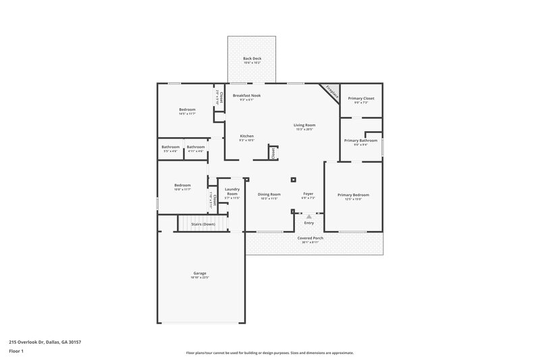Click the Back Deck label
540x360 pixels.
[252, 59]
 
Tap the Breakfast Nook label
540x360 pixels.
[246, 96]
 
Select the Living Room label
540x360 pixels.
[304, 125]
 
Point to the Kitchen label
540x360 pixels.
[246, 136]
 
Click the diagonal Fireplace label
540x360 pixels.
[331, 91]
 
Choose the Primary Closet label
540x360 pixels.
[361, 99]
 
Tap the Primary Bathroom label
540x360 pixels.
[360, 140]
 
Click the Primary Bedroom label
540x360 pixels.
[353, 195]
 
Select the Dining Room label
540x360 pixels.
[269, 195]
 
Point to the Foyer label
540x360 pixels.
[308, 195]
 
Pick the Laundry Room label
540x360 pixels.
[232, 192]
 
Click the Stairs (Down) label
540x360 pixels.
[203, 224]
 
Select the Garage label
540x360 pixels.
[200, 274]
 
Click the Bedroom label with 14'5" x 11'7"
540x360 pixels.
[187, 109]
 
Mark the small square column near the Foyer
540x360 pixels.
[292, 180]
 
